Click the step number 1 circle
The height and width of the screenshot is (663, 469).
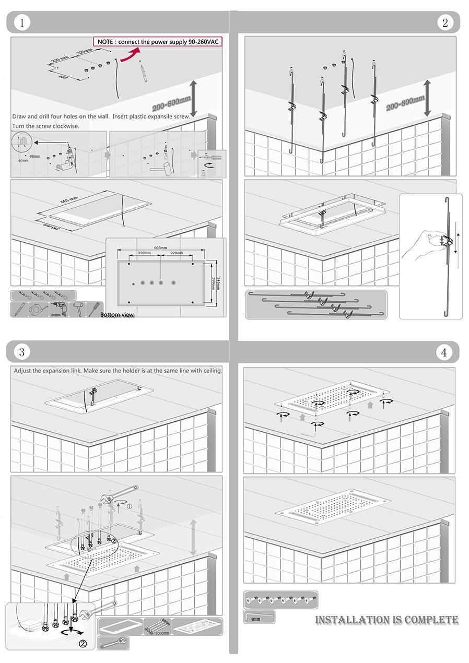[21, 22]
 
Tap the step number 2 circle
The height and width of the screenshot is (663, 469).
[444, 22]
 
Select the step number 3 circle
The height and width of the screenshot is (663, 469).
[21, 352]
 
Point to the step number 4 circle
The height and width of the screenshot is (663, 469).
[443, 352]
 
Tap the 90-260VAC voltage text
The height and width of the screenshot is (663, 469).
[200, 42]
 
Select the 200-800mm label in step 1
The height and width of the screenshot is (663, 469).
[170, 104]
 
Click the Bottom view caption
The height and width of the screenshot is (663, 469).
[117, 315]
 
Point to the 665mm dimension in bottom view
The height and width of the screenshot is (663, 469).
[160, 247]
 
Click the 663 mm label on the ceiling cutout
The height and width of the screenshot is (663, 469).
[69, 202]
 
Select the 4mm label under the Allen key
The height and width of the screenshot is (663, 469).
[255, 619]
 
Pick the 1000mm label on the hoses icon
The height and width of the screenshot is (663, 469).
[162, 633]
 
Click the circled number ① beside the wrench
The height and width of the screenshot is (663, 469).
[128, 505]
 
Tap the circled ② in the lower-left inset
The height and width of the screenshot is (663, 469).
[82, 643]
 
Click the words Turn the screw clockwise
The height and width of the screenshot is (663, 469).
[46, 126]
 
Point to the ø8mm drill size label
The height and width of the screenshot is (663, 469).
[35, 156]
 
